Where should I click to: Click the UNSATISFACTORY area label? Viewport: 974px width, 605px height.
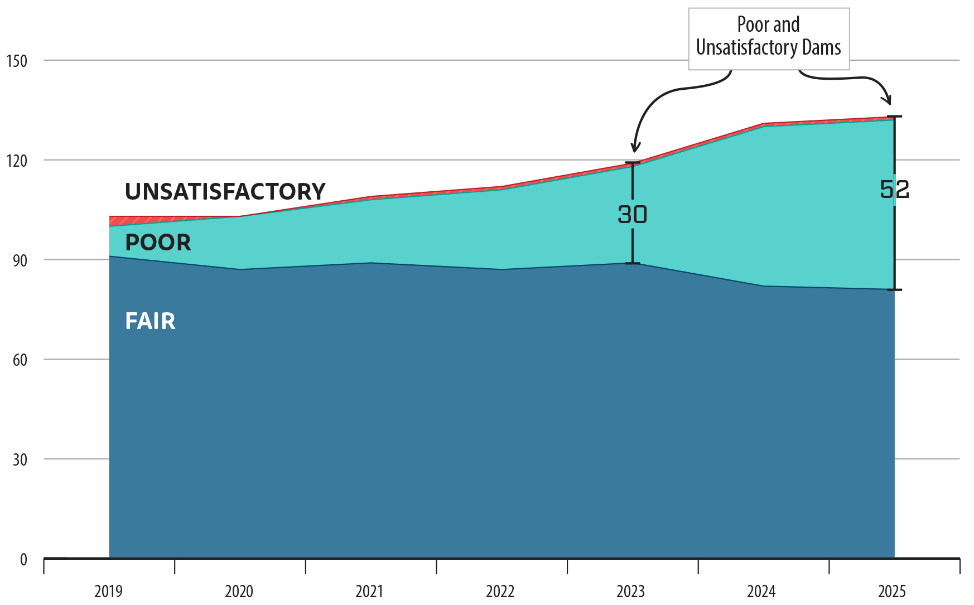225,192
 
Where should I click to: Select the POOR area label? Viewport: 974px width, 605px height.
158,243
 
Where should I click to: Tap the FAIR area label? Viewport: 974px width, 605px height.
150,321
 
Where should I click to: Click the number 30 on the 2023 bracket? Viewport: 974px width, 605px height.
632,215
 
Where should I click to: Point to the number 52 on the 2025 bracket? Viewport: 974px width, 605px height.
894,190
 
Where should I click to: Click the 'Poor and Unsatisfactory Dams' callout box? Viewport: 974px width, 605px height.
768,38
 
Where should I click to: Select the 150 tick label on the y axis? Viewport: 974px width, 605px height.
16,61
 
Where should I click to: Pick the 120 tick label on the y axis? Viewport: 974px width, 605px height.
16,161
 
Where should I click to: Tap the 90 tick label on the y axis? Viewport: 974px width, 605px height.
20,261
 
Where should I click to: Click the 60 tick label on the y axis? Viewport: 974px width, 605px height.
20,360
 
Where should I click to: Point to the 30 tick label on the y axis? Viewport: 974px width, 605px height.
20,460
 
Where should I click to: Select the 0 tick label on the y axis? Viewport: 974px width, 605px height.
23,560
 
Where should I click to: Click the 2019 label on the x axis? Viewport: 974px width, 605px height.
108,591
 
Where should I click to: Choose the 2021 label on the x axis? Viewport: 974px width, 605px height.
369,591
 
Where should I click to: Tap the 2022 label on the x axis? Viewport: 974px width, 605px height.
500,591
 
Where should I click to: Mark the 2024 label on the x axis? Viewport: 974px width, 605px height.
761,591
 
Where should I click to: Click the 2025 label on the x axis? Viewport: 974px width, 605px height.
892,591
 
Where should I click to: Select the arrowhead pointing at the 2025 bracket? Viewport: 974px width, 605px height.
888,100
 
